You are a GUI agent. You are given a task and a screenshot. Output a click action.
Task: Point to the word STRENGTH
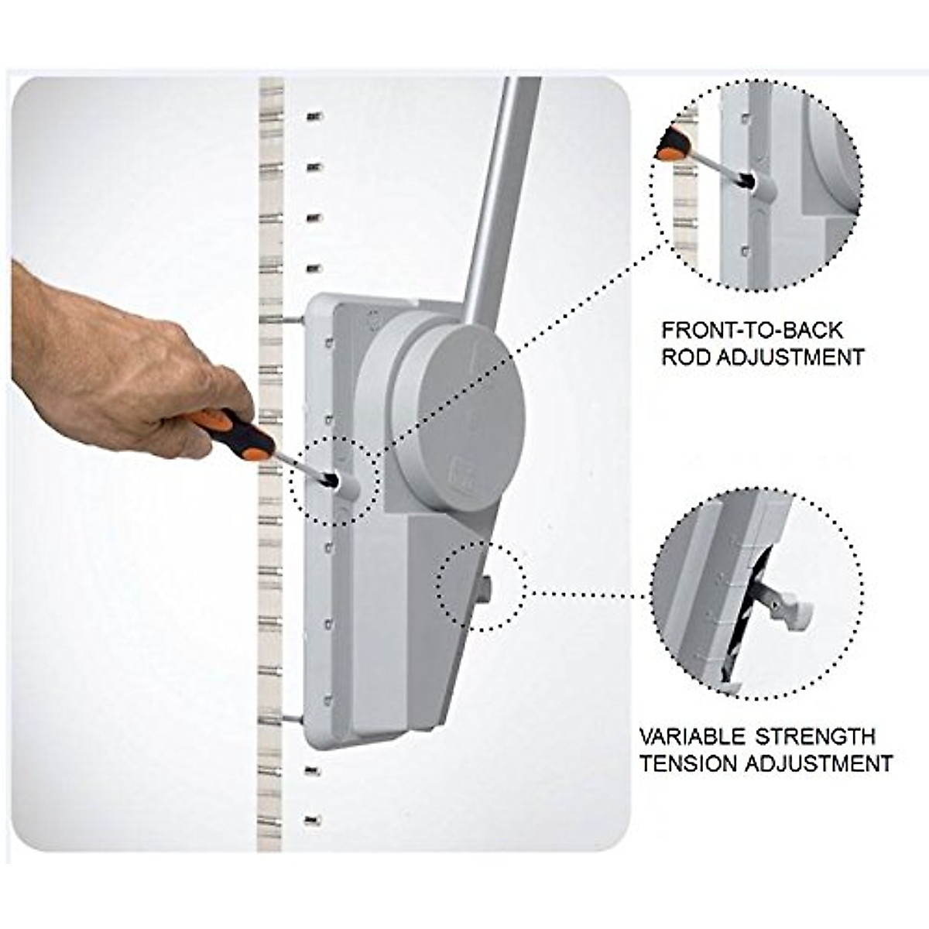(x=815, y=735)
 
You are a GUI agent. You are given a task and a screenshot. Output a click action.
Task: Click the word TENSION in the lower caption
(x=688, y=763)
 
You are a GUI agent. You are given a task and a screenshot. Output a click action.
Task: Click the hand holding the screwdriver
(x=116, y=364)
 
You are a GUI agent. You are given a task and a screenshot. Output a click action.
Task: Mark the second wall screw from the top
(x=314, y=166)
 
